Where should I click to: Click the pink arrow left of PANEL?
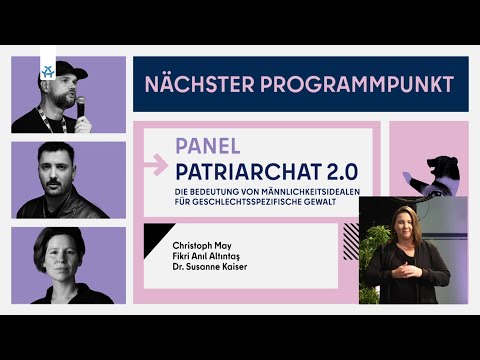[155, 159]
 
